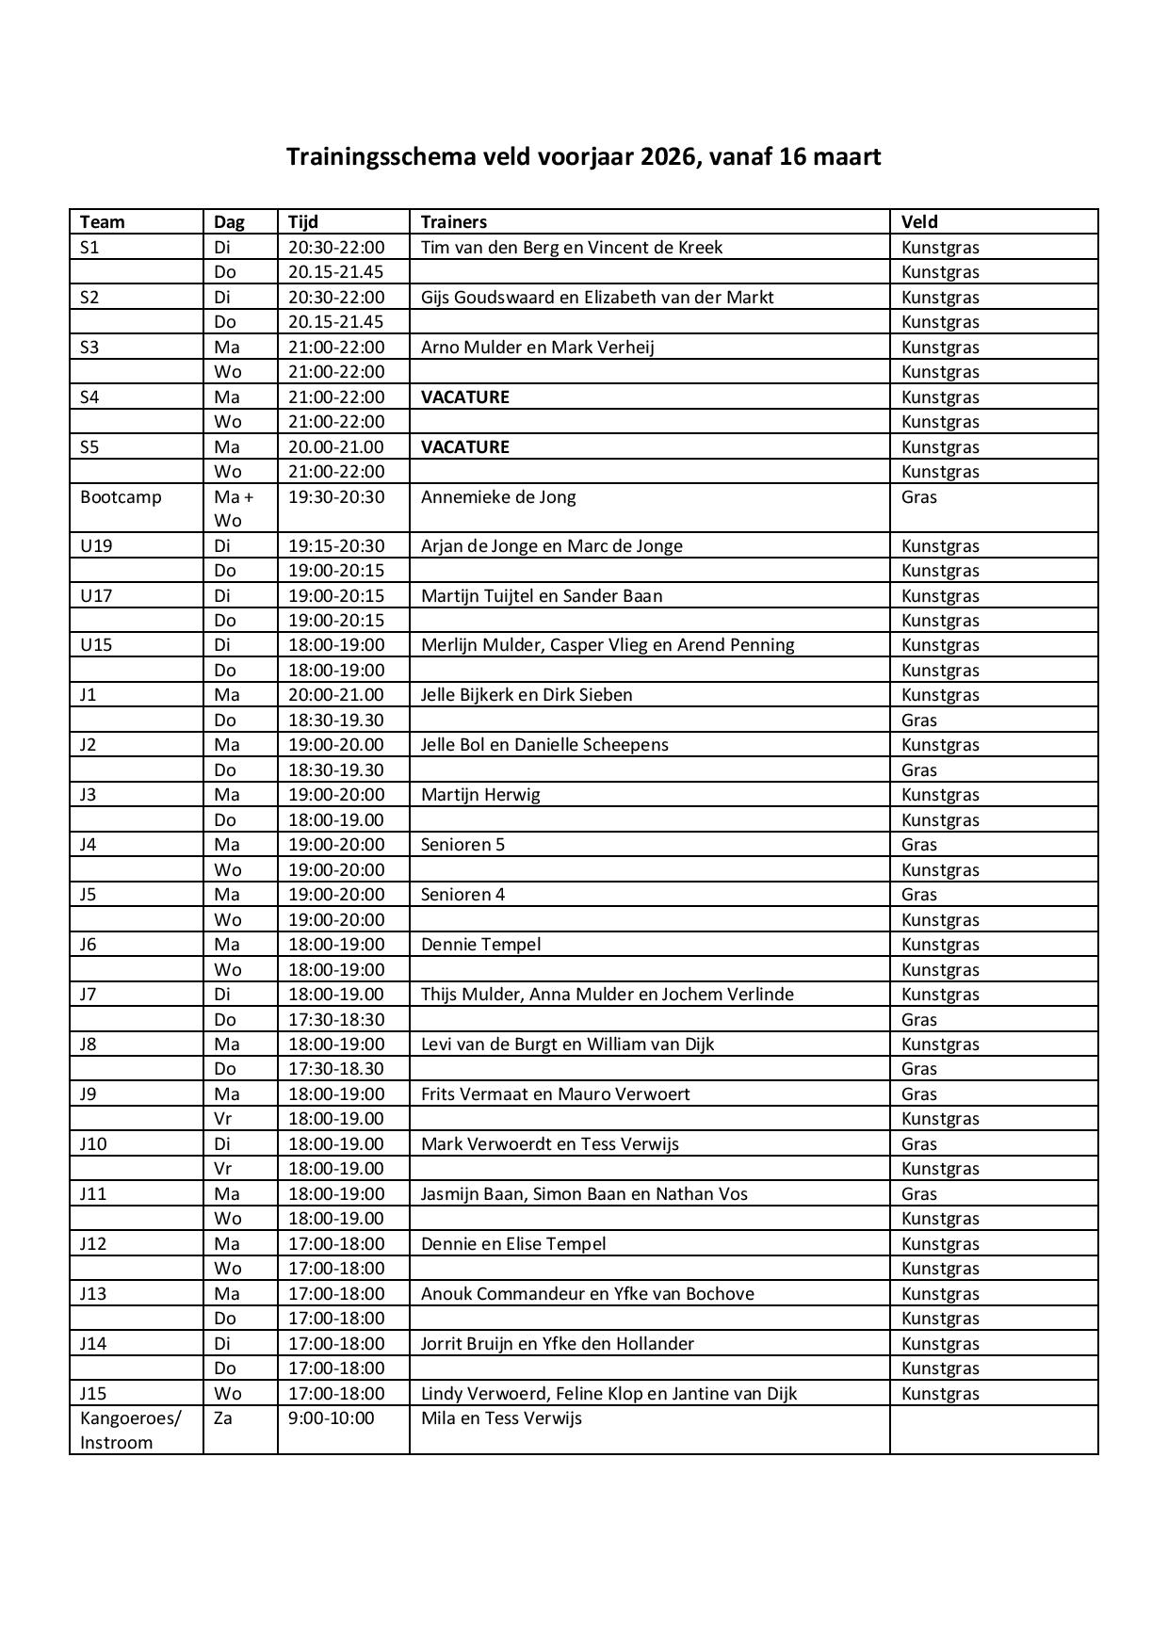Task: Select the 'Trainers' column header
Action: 453,222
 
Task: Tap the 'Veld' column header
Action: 918,222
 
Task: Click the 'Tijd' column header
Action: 303,222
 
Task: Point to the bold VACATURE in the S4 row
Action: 464,397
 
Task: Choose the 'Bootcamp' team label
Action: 121,496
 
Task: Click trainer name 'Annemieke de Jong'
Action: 498,496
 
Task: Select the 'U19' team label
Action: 96,545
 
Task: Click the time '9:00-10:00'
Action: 331,1417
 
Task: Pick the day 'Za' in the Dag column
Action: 223,1417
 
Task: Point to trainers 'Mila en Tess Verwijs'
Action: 501,1417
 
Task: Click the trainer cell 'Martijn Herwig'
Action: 480,794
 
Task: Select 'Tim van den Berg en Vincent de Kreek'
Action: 572,247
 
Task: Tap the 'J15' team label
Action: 93,1393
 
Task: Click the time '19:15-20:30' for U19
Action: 336,545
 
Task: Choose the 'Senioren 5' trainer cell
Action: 462,844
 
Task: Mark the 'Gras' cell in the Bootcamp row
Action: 918,496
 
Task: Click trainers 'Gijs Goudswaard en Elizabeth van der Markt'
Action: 597,297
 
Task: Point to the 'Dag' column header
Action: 229,222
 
